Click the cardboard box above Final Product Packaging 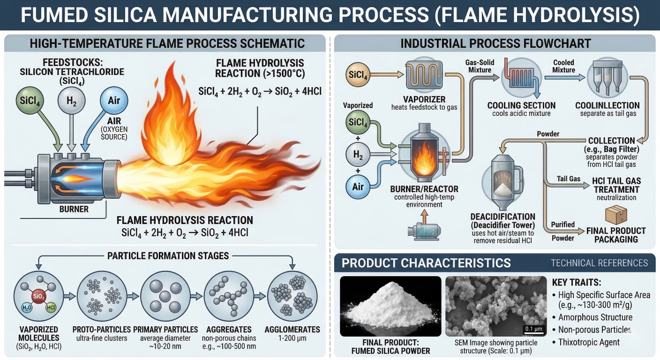click(x=615, y=216)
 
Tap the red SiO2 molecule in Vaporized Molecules click(x=38, y=296)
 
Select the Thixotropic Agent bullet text click(x=589, y=342)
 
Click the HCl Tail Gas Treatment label click(x=616, y=186)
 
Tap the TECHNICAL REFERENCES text click(x=599, y=262)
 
